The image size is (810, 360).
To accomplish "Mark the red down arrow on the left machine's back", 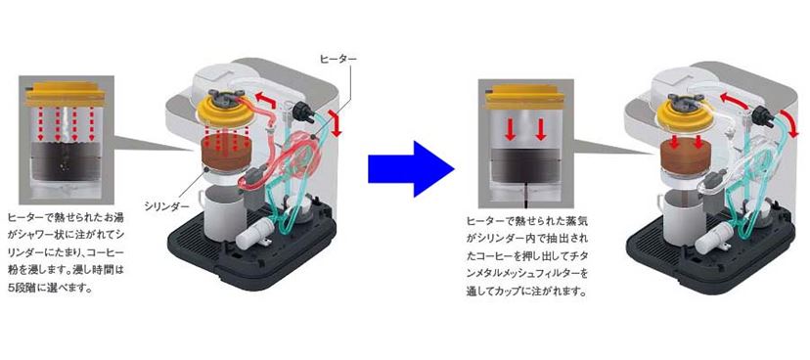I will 337,126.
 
